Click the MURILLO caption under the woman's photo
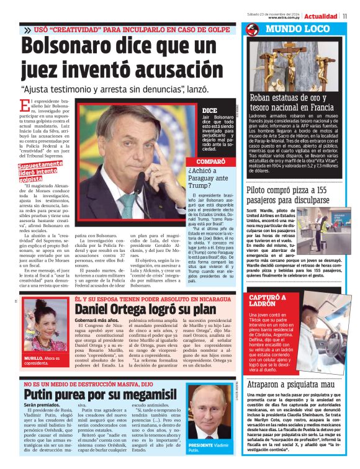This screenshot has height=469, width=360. [x=43, y=360]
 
